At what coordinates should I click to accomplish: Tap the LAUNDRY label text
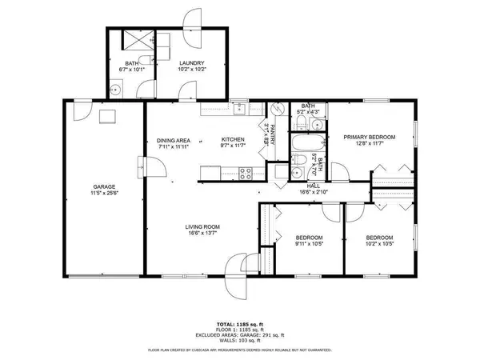point(191,63)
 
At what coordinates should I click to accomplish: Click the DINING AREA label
point(173,141)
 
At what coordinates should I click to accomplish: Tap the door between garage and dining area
point(150,167)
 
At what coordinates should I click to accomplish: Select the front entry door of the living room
point(238,265)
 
